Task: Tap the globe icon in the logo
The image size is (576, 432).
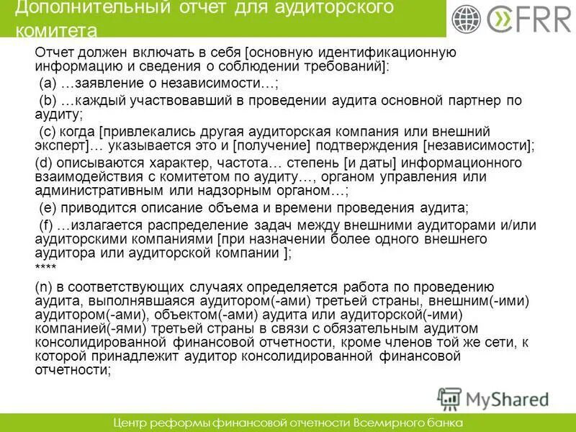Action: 467,19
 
